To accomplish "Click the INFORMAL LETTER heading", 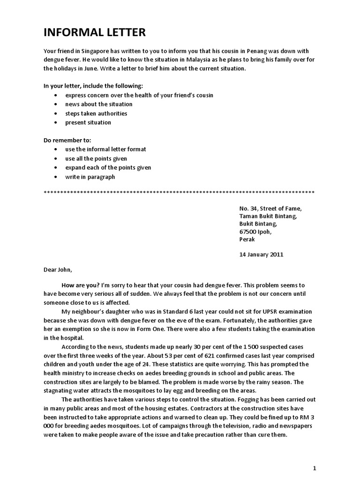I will coord(95,32).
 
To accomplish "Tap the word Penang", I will coord(257,51).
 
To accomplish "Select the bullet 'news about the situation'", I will coord(98,104).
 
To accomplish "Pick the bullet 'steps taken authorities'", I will coord(96,113).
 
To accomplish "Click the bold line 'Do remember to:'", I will coord(67,140).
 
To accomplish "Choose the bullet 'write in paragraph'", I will coord(90,177).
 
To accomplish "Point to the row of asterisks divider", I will coord(179,193).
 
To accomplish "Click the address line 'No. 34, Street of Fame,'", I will coord(270,209).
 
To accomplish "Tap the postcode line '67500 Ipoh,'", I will coord(255,231).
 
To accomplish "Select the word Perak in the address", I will coord(247,239).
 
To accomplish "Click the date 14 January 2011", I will coord(261,255).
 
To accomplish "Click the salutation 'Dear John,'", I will coord(58,270).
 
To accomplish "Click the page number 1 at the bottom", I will coord(315,468).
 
